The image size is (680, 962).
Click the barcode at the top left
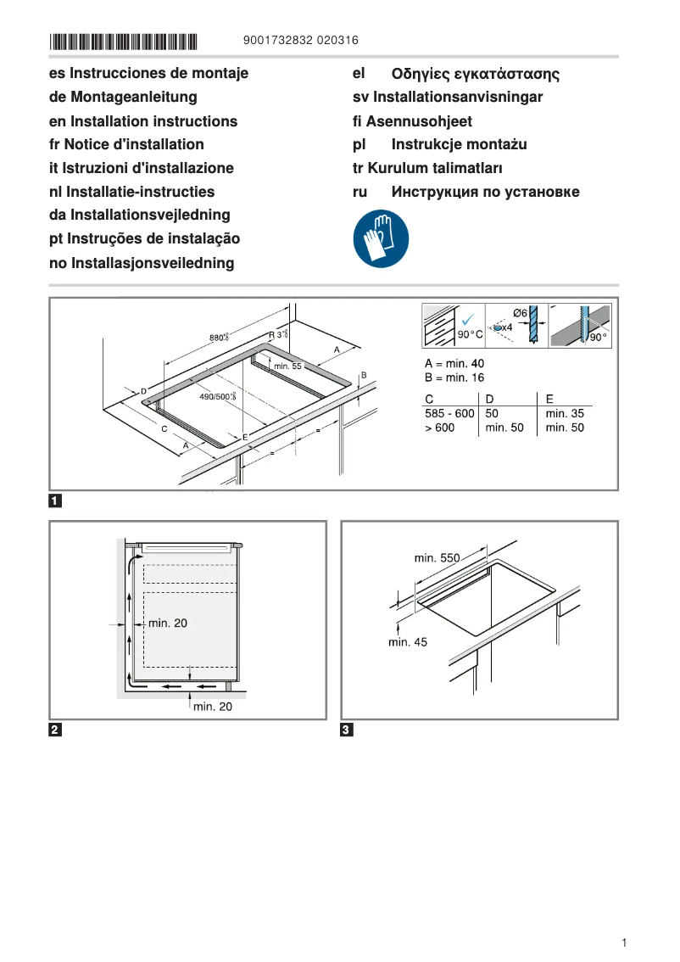click(124, 41)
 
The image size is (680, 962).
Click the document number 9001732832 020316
click(300, 41)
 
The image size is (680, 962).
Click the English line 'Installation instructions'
click(143, 121)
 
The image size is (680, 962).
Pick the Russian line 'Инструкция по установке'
click(485, 192)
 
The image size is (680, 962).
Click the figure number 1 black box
click(55, 501)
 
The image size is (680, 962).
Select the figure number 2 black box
click(55, 730)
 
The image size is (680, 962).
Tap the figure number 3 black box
click(347, 730)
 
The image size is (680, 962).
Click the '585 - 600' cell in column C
click(449, 413)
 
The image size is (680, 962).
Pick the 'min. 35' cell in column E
click(565, 413)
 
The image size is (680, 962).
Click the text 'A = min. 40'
click(454, 363)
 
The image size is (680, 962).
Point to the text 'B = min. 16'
click(454, 378)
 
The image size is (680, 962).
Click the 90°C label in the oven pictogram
click(470, 336)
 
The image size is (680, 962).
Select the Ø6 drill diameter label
click(521, 313)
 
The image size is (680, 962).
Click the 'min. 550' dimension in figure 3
click(437, 558)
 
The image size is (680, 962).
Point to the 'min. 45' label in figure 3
click(408, 642)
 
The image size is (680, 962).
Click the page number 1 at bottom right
click(624, 942)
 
